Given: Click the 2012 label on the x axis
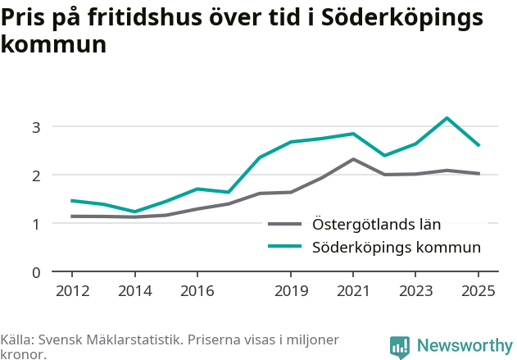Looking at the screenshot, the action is (x=73, y=290).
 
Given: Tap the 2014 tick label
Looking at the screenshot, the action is (x=135, y=290).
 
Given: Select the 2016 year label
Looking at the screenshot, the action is (x=197, y=290).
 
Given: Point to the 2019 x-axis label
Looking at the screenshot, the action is (x=291, y=290).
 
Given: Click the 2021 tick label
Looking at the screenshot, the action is (x=353, y=290).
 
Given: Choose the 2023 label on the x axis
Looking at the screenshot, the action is (x=415, y=290).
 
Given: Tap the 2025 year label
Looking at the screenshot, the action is (x=478, y=290).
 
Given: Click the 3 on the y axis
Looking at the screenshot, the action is (x=36, y=127).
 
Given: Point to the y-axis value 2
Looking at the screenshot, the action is (x=36, y=175).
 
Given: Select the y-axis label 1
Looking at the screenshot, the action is (x=36, y=225).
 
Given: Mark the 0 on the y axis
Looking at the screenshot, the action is (x=36, y=273).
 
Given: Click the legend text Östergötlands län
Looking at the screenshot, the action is (x=377, y=224).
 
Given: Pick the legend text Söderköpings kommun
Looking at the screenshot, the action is (x=397, y=247).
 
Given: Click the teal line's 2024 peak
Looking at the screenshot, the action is (x=447, y=118).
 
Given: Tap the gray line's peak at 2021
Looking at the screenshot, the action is (x=353, y=159).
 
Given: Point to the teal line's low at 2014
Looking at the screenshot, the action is (x=135, y=212).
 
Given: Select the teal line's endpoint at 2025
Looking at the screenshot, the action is (x=478, y=145).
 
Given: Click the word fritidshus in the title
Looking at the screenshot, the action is (x=145, y=17).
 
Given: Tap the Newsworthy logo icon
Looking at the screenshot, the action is (x=400, y=347).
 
